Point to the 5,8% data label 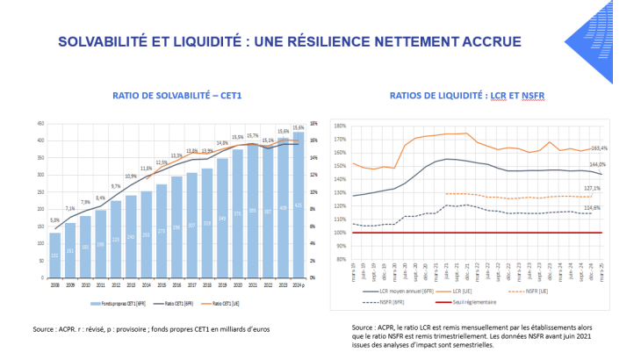point(54,220)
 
